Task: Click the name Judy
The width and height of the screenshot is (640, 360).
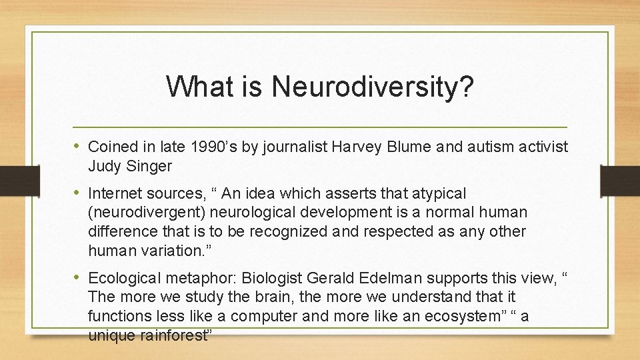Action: pos(103,165)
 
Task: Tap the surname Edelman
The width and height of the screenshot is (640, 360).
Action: pos(373,278)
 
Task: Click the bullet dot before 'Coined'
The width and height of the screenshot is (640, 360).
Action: pos(78,146)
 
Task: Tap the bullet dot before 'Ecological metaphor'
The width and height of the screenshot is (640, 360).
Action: pos(78,278)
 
